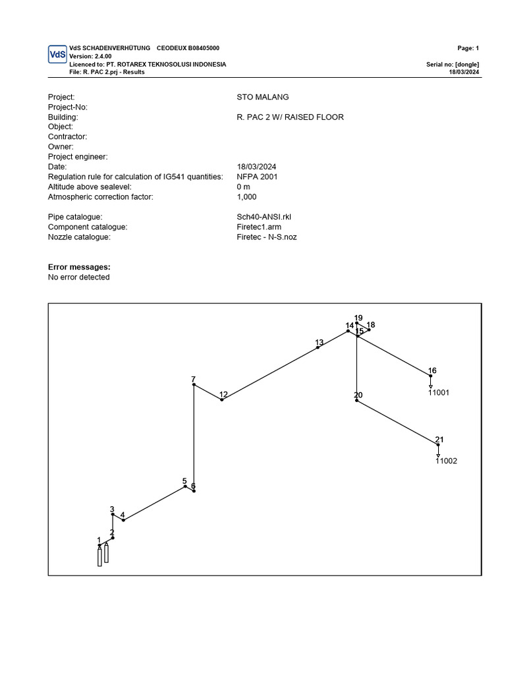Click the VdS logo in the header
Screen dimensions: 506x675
click(x=57, y=55)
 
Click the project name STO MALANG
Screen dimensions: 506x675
click(x=262, y=97)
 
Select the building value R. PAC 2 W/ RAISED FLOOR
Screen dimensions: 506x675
click(x=290, y=117)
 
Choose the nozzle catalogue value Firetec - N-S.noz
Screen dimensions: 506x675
click(x=267, y=237)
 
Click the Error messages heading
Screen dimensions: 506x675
click(x=79, y=267)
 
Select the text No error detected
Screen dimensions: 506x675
click(x=79, y=278)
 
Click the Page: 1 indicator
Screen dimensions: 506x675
click(x=468, y=48)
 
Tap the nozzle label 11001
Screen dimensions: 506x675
click(x=438, y=392)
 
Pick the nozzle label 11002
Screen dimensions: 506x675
click(x=446, y=461)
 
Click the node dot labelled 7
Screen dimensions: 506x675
click(x=194, y=385)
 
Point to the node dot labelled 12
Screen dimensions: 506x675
click(x=222, y=399)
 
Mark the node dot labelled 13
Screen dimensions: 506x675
click(x=318, y=347)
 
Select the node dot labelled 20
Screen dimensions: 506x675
click(x=356, y=400)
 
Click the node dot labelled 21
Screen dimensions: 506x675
click(x=438, y=445)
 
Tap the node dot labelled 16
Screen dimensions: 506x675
click(x=431, y=376)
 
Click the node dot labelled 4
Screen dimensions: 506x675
click(x=123, y=520)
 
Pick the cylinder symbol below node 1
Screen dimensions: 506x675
click(x=99, y=557)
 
